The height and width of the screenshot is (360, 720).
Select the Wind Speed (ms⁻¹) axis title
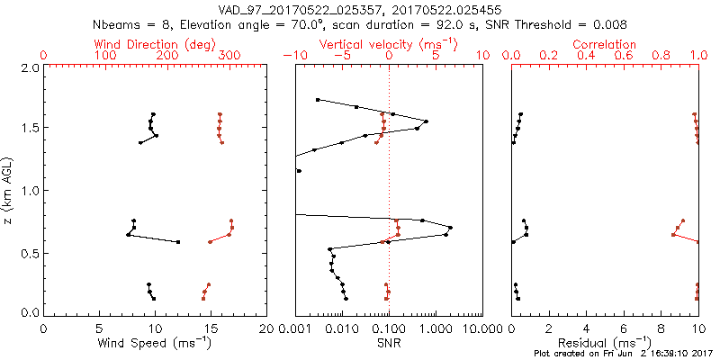(155, 342)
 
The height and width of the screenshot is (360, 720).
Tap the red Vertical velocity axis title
(389, 44)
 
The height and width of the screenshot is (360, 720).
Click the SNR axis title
(389, 342)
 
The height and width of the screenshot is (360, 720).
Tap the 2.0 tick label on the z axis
(29, 67)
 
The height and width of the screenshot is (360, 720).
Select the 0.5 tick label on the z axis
(29, 253)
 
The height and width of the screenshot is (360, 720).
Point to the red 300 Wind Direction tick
(229, 56)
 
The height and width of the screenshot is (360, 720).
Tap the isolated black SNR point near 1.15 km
(299, 171)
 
